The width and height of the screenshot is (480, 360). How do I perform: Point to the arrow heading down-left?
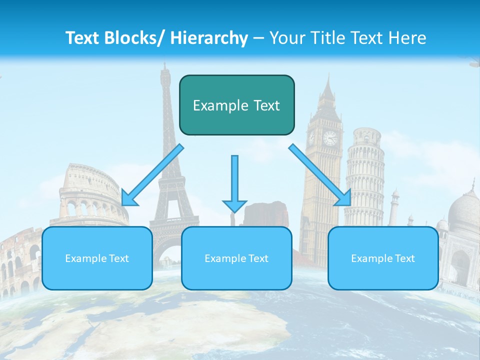pos(152,175)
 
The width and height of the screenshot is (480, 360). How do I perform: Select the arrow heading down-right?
pos(320,175)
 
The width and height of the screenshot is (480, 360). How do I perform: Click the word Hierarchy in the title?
pos(209,38)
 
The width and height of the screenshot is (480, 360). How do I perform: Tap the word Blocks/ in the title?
pos(132,38)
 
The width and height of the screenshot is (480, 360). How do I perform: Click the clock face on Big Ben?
pos(330,137)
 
